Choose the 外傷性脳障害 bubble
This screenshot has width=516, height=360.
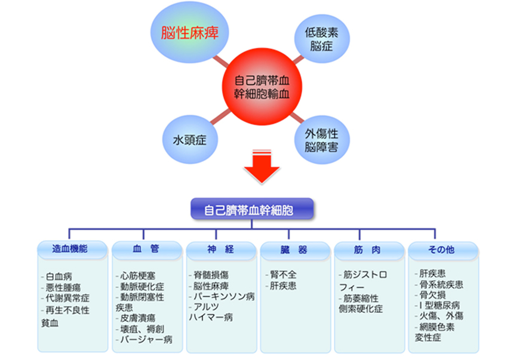coord(321,139)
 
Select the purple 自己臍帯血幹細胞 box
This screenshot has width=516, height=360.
coord(250,211)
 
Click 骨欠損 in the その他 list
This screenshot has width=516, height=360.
coord(432,295)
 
